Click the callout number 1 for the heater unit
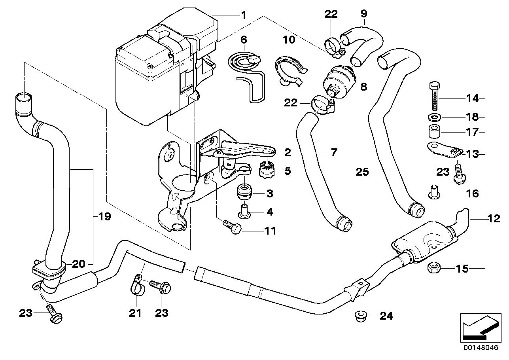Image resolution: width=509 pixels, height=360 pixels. tap(244, 15)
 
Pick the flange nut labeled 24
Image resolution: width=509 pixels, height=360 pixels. tap(360, 315)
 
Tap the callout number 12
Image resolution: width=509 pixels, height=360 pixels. tap(494, 218)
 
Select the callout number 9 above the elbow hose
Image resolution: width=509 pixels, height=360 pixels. tap(364, 14)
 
